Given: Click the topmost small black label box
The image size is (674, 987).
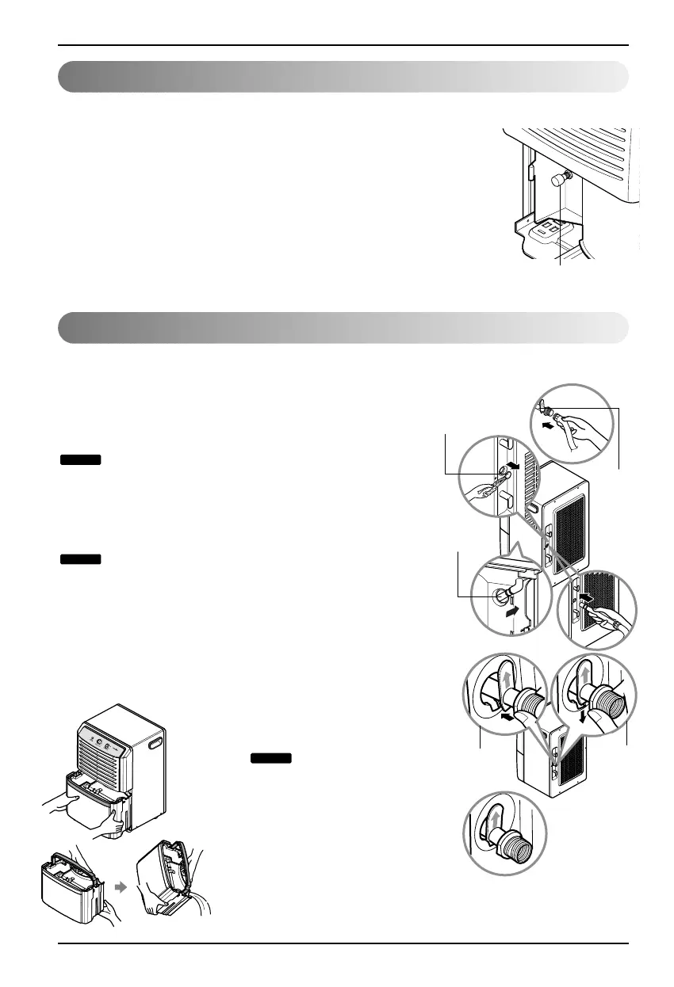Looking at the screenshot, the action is click(x=80, y=459).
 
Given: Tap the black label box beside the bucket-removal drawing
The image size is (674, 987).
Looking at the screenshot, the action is click(x=272, y=758).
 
